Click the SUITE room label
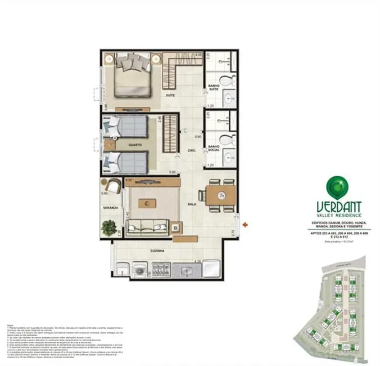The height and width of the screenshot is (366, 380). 170,96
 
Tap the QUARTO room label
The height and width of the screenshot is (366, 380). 134,145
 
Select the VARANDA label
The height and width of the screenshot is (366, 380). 110,208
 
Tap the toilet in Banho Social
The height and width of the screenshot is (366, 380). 225,139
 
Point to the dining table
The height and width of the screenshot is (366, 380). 220,197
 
